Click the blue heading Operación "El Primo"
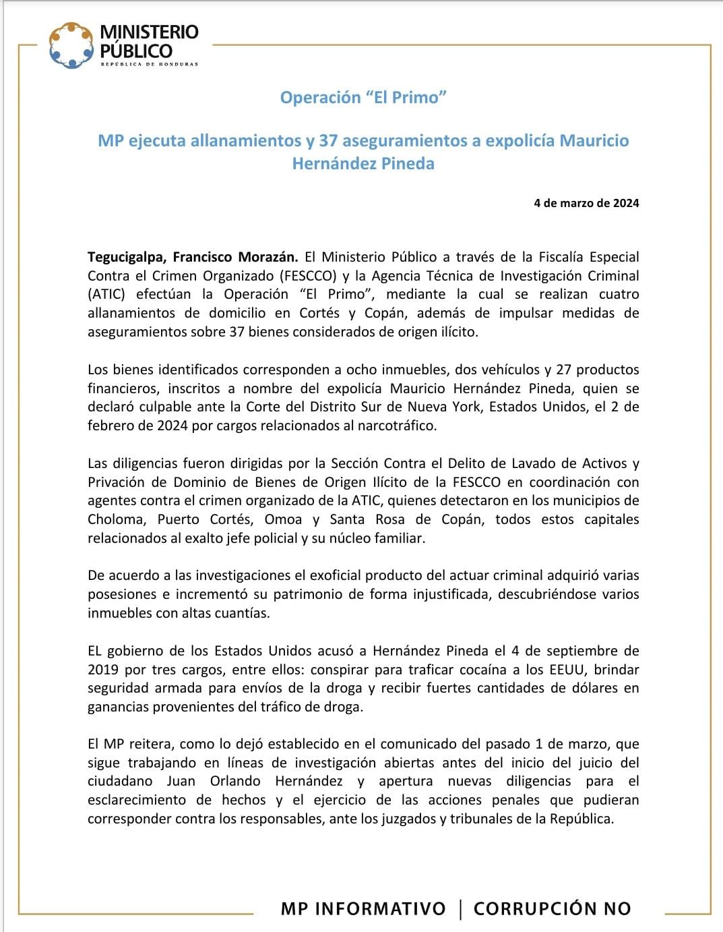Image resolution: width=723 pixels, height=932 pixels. point(363,98)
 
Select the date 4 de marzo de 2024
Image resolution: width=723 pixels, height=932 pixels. point(586,203)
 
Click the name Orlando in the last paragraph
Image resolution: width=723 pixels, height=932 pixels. point(235,782)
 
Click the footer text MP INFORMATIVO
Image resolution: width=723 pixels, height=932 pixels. point(363,908)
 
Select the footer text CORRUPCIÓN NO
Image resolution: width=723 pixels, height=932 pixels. point(553,908)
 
